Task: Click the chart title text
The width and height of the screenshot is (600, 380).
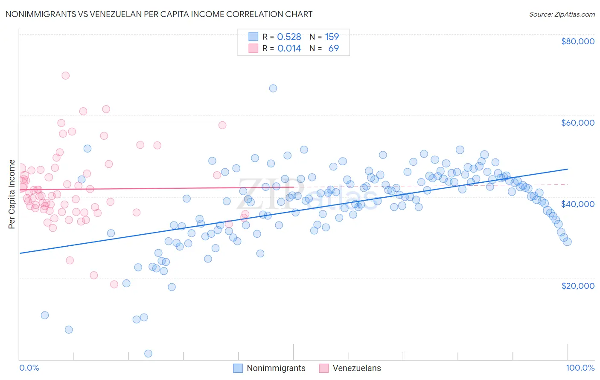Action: pos(159,14)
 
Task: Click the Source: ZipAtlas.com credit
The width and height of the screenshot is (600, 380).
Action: pos(562,14)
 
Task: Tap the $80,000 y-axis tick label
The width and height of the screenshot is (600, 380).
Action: pos(577,41)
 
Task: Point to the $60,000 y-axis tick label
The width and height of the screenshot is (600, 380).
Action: pos(577,123)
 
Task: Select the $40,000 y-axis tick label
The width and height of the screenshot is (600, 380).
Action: pos(577,204)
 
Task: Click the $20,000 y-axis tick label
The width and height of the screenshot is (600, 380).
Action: pos(577,285)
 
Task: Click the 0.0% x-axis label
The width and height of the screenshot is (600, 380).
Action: pos(29,368)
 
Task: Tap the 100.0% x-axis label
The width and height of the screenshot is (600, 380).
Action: pos(580,368)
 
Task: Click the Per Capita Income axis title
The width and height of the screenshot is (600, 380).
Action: pos(12,194)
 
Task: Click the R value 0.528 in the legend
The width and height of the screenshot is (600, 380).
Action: pos(289,37)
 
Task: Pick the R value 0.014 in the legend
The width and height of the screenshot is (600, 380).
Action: pos(289,49)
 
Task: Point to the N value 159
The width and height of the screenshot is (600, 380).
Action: pos(332,37)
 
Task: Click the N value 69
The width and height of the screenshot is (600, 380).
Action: pos(333,49)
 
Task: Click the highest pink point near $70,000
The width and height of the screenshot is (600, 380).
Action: pos(65,75)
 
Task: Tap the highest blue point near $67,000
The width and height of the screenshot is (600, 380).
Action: pos(273,88)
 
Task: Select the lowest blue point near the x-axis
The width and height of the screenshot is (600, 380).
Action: pos(148,354)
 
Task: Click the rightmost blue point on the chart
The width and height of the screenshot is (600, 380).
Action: pos(567,242)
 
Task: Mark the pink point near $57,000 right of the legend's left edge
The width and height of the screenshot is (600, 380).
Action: pos(222,125)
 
